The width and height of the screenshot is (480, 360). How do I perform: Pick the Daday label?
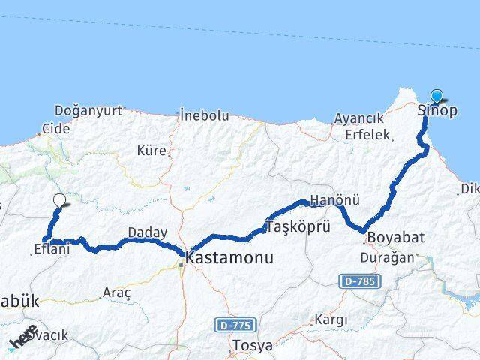(147, 232)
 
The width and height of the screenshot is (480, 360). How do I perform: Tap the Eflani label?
(52, 249)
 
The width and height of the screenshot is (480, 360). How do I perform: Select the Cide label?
(56, 128)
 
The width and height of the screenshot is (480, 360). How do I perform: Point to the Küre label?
(151, 151)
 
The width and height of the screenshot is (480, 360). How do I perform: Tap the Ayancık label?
(358, 118)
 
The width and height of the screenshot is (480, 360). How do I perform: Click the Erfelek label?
(368, 135)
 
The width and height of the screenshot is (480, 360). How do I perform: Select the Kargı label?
(332, 319)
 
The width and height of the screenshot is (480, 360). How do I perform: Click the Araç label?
(117, 291)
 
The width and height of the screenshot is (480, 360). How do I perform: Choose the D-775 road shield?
(234, 325)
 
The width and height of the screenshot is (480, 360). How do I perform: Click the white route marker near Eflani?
(61, 200)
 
